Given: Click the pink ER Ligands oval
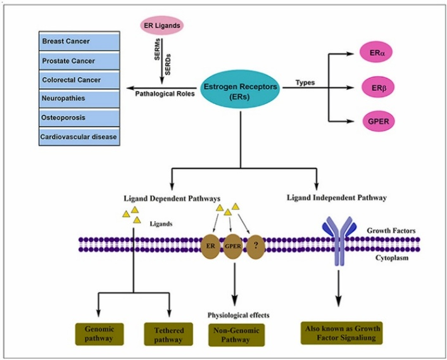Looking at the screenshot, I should [163, 26].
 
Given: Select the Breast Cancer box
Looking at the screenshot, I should [79, 42].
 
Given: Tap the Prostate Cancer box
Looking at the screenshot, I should [79, 61].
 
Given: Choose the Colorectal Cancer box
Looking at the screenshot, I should [79, 80].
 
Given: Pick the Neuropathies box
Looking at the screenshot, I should [79, 99].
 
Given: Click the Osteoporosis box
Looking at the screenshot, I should [79, 118].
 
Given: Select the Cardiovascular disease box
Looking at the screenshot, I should [79, 136].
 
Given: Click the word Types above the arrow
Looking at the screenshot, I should [305, 83].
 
